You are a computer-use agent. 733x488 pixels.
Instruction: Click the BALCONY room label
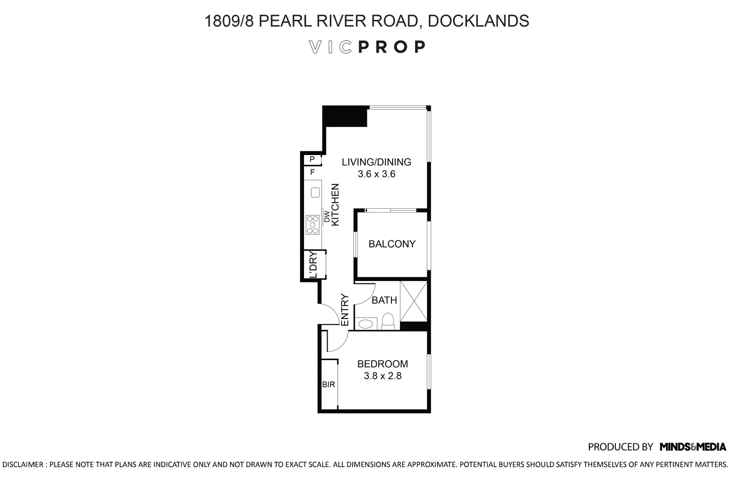coord(392,244)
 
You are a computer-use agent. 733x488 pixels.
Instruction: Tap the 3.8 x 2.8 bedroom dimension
coord(383,376)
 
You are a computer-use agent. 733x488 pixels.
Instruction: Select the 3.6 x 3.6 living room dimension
coord(376,174)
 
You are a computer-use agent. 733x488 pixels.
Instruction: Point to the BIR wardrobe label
coord(328,385)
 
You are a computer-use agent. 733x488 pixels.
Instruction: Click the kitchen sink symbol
coord(315,193)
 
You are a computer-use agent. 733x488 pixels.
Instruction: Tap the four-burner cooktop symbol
coord(313,225)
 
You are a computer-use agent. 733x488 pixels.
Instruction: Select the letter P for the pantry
coord(312,160)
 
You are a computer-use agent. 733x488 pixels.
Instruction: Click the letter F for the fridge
coord(312,172)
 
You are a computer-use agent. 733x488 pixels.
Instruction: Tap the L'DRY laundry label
coord(313,265)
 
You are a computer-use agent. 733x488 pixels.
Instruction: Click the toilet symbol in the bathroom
coord(388,321)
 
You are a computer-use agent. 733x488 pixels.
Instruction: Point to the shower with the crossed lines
coord(414,301)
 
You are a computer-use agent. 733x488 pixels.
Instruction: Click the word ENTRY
coord(344,310)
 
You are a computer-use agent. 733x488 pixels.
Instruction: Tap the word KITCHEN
coord(335,204)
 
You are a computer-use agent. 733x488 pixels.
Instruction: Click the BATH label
coord(384,300)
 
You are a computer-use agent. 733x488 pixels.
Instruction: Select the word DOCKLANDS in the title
coord(478,21)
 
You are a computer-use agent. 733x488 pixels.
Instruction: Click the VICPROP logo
coord(366,47)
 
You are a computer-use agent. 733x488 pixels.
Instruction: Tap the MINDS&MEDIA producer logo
coord(693,447)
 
